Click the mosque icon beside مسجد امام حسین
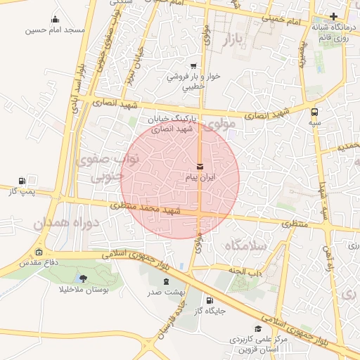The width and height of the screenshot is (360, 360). (x=56, y=20)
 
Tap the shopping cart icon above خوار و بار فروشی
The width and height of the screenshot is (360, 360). (x=193, y=65)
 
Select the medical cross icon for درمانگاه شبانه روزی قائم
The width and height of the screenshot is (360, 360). (x=334, y=16)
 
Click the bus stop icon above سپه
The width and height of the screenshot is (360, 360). (x=314, y=110)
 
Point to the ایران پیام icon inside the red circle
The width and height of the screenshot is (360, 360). (x=201, y=167)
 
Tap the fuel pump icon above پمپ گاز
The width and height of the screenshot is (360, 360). (x=22, y=180)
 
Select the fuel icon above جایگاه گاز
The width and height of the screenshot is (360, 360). (x=210, y=300)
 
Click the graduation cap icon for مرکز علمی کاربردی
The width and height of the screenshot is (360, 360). (x=258, y=328)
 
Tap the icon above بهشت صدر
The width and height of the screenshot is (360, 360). (x=166, y=281)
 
